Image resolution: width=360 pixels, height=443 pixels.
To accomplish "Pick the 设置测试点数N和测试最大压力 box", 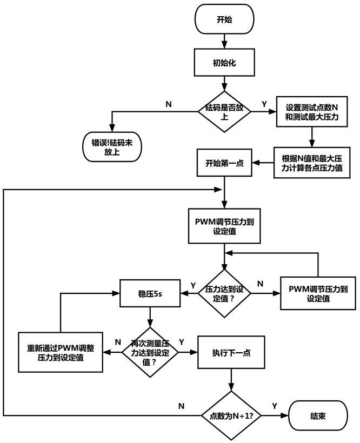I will (308, 111).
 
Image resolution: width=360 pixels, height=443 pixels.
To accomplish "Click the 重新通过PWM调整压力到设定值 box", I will (60, 352).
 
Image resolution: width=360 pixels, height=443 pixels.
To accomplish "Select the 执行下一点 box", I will (231, 352).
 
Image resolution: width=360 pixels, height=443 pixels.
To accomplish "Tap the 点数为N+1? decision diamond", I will (231, 416).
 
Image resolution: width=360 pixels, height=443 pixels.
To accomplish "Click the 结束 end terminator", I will (318, 416).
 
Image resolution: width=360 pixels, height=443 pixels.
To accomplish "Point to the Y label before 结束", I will (275, 405).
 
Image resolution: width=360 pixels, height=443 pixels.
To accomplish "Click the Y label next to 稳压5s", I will (193, 285).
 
